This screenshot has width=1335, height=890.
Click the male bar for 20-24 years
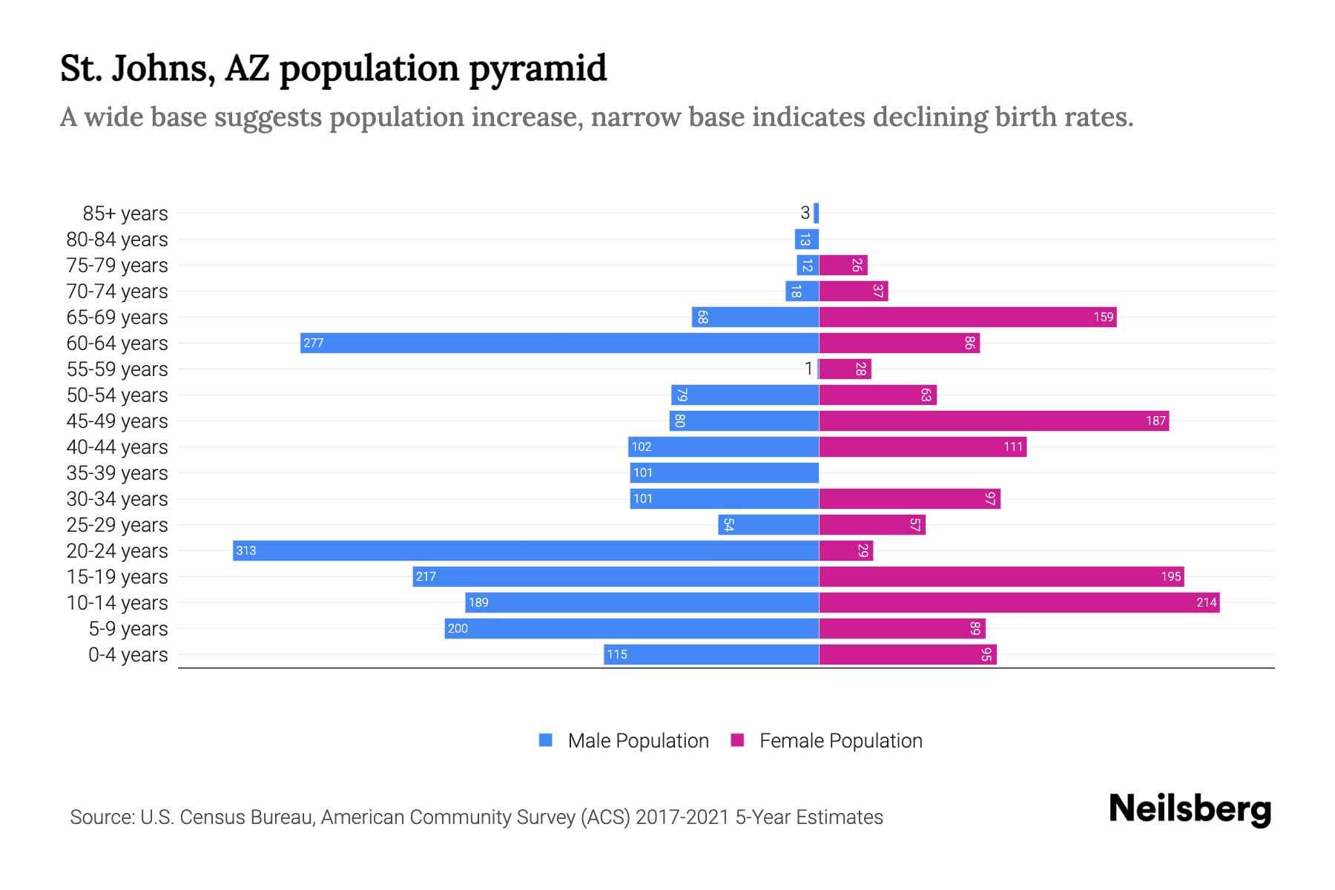click(526, 550)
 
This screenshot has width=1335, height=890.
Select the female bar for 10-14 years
click(1019, 602)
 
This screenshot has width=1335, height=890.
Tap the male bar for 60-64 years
click(559, 343)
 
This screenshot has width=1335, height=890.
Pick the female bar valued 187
click(994, 421)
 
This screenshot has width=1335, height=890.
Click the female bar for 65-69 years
click(967, 317)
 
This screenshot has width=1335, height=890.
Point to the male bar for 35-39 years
click(724, 472)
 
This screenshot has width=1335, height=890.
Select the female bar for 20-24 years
click(845, 550)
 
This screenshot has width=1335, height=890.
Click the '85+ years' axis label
click(125, 214)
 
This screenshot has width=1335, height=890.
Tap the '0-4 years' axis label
click(128, 655)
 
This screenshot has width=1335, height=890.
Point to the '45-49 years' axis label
click(117, 421)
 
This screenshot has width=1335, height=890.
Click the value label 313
click(245, 550)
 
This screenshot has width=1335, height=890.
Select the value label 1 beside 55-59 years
click(808, 369)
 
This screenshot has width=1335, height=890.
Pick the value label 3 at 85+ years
click(805, 213)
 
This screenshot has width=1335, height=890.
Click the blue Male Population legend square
click(546, 740)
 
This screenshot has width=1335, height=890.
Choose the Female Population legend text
click(840, 741)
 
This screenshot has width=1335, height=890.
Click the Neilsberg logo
click(1190, 809)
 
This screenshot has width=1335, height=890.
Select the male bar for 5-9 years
click(631, 628)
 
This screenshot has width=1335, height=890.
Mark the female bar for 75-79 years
click(843, 265)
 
